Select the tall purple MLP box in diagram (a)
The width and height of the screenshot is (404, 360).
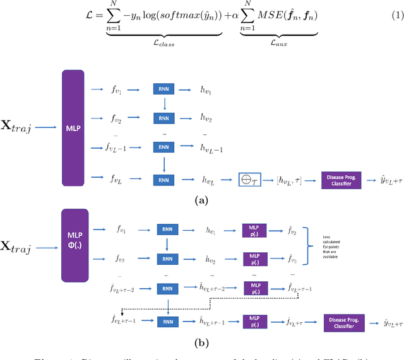pos(72,127)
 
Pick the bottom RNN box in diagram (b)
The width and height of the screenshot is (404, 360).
pos(166,320)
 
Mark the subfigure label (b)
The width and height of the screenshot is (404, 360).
pos(201,345)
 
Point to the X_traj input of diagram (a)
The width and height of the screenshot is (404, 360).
pos(18,128)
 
